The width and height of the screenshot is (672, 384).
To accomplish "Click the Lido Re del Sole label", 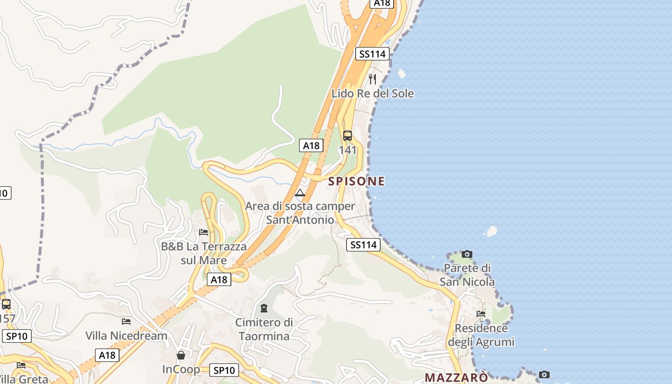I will point(372,93).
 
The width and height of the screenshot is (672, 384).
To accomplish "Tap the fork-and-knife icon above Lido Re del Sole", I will point(372,79).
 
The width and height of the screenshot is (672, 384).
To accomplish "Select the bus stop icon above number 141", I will point(348,136).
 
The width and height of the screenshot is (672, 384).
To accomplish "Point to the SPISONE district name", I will point(356,181).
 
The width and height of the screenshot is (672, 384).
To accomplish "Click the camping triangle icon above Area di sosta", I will point(300,193).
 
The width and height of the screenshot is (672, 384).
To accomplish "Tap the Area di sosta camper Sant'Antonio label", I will point(300,213).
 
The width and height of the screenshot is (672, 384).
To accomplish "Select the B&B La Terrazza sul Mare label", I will point(204,253).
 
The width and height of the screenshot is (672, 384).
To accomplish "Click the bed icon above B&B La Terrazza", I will point(204,232).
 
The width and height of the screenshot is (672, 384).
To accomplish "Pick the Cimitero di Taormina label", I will point(264,329).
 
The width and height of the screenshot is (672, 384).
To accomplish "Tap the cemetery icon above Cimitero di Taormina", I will point(264,308).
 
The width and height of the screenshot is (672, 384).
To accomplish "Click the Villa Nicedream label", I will point(126,336).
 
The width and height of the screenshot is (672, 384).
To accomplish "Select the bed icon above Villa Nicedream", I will point(126,321).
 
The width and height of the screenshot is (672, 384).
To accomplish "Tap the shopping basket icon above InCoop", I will point(181,355).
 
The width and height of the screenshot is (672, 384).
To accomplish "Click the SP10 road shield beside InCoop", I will point(224,370).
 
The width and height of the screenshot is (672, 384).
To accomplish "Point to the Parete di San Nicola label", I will point(467,275).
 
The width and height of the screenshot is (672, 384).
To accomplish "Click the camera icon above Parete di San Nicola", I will point(467,254).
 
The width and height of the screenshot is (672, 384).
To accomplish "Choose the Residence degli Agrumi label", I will point(481,335).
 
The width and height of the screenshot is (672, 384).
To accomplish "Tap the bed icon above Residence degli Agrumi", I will point(481,314).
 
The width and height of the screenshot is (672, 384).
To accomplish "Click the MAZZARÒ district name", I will point(456,377).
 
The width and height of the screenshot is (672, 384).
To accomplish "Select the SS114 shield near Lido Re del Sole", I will point(372,54).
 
